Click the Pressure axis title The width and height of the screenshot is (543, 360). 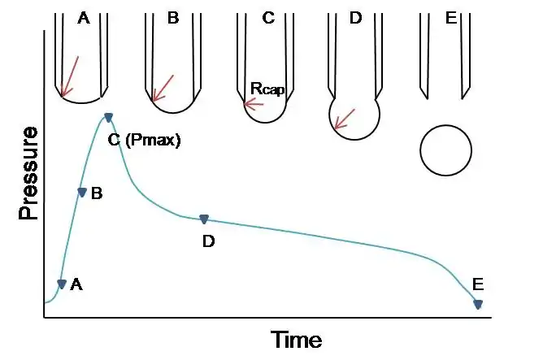pyautogui.click(x=28, y=174)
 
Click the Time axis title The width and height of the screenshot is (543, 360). pyautogui.click(x=296, y=339)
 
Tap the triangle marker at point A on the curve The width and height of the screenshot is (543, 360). pyautogui.click(x=62, y=284)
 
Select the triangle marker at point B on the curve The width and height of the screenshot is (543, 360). pyautogui.click(x=81, y=193)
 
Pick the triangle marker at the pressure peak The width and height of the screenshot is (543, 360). pyautogui.click(x=108, y=119)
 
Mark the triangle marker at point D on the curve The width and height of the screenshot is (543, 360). pyautogui.click(x=204, y=219)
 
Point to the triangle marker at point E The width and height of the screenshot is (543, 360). pyautogui.click(x=478, y=305)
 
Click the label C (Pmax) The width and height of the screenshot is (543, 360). pyautogui.click(x=144, y=140)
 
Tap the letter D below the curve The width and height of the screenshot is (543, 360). pyautogui.click(x=208, y=241)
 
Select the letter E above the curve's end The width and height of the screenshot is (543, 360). pyautogui.click(x=478, y=284)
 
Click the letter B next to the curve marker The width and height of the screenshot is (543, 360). pyautogui.click(x=97, y=193)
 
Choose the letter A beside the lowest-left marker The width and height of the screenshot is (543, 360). pyautogui.click(x=77, y=284)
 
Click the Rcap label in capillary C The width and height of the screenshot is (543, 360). pyautogui.click(x=267, y=89)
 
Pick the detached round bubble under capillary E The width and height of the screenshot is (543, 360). pyautogui.click(x=445, y=150)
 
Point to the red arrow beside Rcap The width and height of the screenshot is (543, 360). pyautogui.click(x=253, y=104)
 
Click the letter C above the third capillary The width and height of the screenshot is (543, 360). pyautogui.click(x=268, y=17)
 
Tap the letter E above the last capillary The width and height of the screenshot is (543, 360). pyautogui.click(x=452, y=17)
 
